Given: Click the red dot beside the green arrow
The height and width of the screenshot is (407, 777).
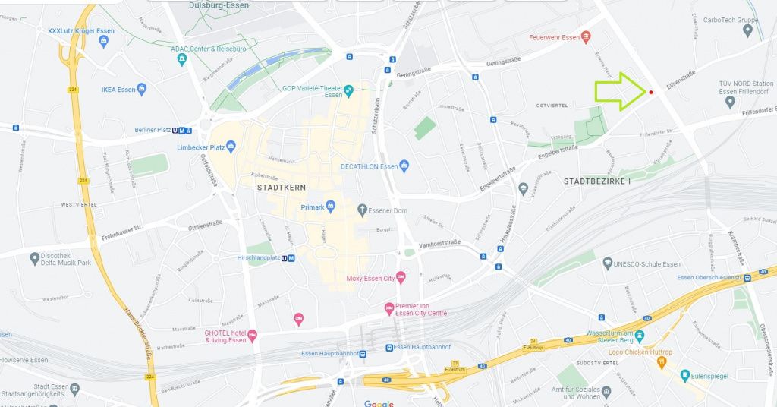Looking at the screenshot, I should click(651, 93).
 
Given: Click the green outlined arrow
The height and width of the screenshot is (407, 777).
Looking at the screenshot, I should click(619, 92).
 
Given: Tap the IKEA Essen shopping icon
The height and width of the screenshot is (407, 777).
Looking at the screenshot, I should click(142, 90).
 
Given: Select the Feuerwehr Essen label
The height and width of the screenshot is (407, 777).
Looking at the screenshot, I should click(554, 37).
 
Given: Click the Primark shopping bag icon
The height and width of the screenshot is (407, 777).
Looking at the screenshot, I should click(332, 207).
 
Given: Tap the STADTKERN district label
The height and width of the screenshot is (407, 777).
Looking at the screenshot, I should click(278, 187).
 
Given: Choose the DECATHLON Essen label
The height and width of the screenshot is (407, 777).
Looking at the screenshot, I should click(369, 166).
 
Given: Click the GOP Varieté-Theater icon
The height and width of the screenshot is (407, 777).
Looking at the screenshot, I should click(349, 91).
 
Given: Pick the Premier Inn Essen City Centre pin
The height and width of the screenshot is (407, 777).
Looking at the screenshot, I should click(389, 308).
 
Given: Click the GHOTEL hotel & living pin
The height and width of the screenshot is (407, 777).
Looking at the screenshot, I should click(253, 336).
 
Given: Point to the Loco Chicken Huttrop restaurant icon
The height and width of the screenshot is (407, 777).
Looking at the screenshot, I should click(660, 361).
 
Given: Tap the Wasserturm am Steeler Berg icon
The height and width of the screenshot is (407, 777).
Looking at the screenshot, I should click(640, 336).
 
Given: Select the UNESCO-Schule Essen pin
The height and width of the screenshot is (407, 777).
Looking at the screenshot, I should click(607, 263).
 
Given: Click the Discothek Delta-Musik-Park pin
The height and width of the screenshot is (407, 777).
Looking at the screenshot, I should click(35, 259).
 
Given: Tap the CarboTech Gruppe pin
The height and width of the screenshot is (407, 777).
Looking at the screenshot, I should click(749, 30).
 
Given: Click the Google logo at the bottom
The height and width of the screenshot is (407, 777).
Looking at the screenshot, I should click(379, 403).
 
